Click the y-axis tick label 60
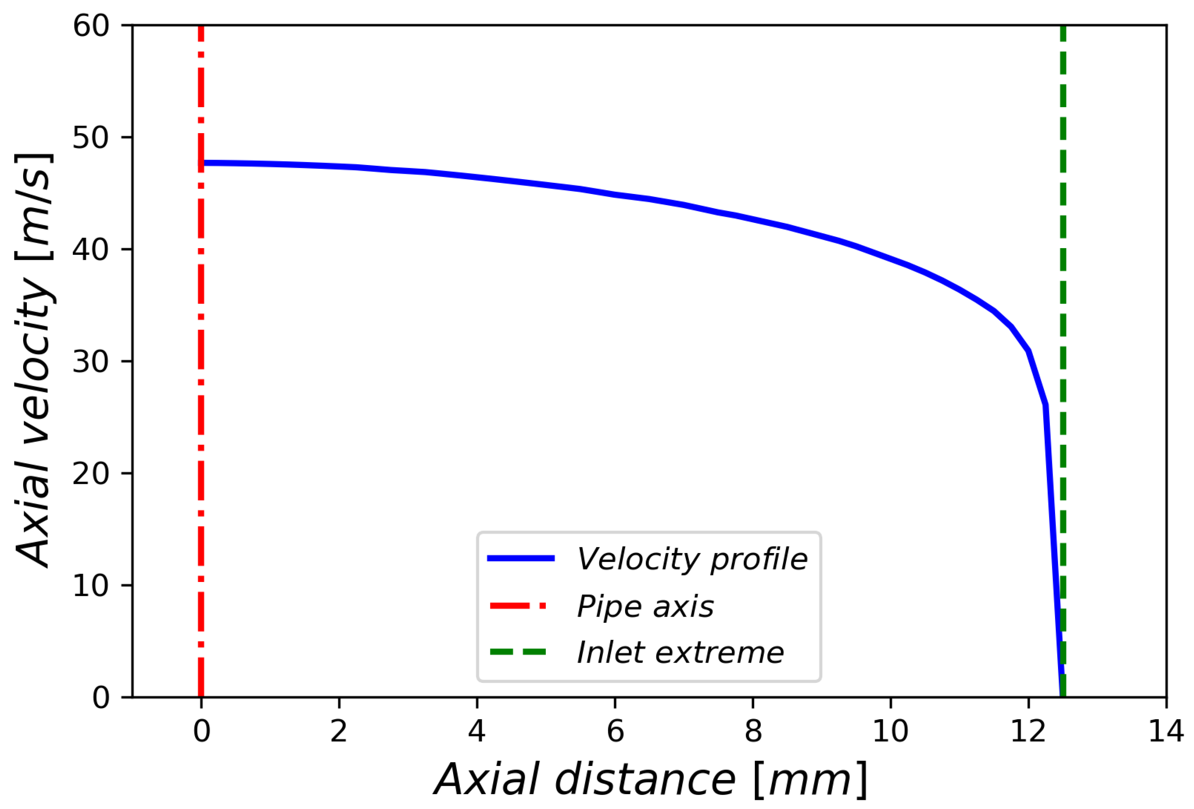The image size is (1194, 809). (x=91, y=26)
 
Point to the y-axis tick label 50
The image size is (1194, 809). (x=91, y=138)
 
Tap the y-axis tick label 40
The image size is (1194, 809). (x=91, y=250)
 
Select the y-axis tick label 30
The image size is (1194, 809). (x=91, y=362)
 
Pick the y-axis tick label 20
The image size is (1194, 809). (x=91, y=474)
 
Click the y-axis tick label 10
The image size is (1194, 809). (x=91, y=585)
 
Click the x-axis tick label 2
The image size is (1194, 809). (x=339, y=731)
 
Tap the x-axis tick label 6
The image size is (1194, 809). (x=615, y=731)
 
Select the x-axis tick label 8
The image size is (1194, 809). (x=753, y=731)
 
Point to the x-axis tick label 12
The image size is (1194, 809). (x=1028, y=731)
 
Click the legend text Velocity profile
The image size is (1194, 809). (x=692, y=560)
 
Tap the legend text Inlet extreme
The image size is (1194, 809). (x=680, y=653)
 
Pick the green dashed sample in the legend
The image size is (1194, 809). (x=518, y=652)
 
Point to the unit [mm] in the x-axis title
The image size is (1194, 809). (x=810, y=780)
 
